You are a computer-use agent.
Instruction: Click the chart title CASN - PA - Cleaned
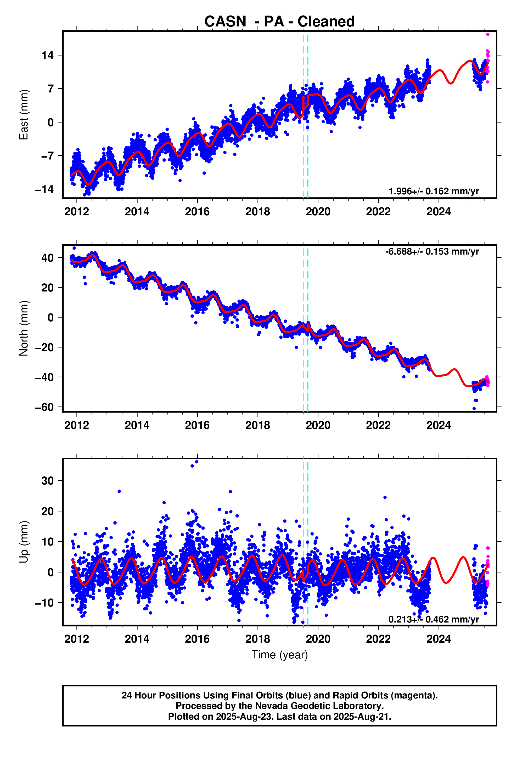[279, 21]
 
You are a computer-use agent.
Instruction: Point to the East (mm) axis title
[24, 115]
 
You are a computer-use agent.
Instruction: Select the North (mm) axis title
[24, 328]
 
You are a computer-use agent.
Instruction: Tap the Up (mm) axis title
[24, 542]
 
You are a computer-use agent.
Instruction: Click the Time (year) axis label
[279, 655]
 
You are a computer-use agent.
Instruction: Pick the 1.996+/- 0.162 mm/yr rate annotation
[434, 191]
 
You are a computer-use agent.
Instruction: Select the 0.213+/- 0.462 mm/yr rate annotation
[434, 619]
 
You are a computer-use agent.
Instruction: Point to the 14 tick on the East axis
[47, 55]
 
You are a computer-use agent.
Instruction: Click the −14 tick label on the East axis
[44, 189]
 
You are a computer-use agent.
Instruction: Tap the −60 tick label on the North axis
[44, 407]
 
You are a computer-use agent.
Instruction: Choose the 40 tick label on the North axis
[47, 258]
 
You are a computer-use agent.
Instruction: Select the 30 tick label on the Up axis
[47, 481]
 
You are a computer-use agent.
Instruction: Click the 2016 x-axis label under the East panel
[197, 212]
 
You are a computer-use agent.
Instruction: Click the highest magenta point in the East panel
[488, 34]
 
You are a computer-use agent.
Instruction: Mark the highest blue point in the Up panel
[197, 462]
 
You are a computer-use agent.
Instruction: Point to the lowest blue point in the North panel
[474, 409]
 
